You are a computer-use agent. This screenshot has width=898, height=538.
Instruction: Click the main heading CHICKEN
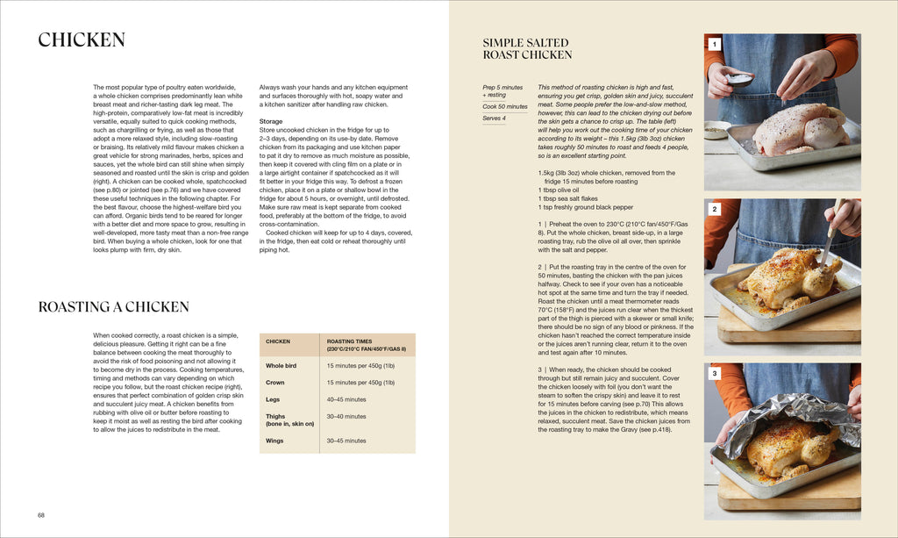[82, 40]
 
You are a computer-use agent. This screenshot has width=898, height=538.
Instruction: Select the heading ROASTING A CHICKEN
[113, 307]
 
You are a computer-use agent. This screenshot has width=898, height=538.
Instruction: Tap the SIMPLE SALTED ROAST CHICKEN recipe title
[527, 48]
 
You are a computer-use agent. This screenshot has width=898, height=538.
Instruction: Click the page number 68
[41, 515]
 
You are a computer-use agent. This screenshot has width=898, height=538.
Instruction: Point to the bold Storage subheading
[271, 122]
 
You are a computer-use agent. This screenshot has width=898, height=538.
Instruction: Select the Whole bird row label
[281, 365]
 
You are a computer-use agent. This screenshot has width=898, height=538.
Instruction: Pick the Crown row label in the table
[275, 382]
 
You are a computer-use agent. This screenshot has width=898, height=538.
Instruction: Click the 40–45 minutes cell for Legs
[346, 399]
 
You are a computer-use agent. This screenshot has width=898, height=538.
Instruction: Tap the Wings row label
[275, 441]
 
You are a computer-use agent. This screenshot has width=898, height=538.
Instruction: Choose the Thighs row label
[275, 416]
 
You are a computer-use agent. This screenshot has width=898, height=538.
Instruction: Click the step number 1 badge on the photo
[714, 44]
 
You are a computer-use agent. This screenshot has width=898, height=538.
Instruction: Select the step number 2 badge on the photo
[714, 209]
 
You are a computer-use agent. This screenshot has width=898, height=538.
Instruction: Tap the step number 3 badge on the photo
[714, 374]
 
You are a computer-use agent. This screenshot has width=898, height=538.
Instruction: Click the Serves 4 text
[494, 118]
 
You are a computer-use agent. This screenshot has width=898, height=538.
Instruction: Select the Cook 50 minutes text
[505, 106]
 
